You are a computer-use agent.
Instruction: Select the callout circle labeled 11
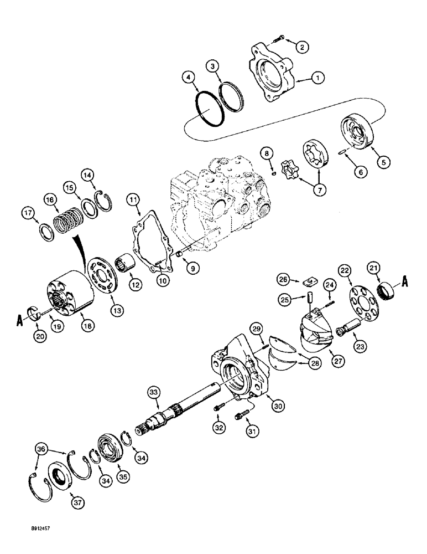(133, 197)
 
